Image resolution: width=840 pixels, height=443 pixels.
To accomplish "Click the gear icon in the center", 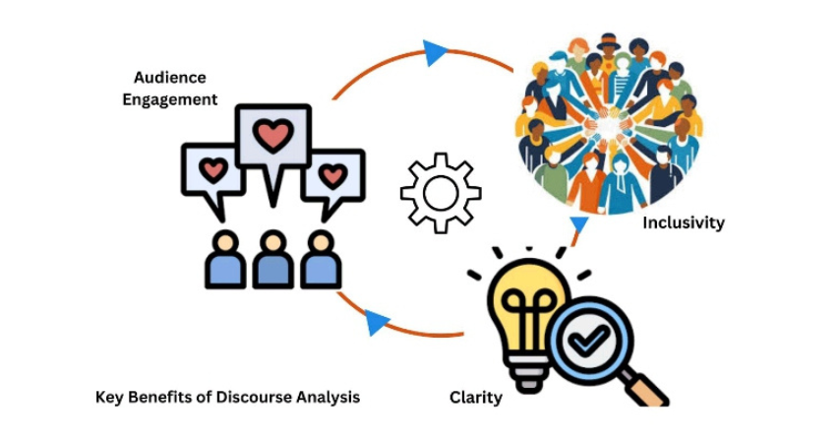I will [440, 192].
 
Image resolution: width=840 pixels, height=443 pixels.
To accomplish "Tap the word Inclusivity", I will [683, 222].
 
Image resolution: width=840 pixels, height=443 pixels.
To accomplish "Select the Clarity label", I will [475, 398].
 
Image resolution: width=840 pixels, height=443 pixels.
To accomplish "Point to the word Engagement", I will [169, 99].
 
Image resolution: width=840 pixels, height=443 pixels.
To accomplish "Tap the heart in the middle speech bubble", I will [272, 137].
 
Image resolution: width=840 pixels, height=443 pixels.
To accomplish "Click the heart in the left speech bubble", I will [212, 169].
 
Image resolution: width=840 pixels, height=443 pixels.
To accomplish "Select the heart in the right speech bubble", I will [332, 175].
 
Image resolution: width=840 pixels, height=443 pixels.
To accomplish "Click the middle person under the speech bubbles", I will [272, 261].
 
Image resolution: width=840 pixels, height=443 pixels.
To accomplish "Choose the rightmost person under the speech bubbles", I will [320, 260].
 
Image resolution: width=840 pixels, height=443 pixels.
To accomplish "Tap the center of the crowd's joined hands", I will [608, 125].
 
